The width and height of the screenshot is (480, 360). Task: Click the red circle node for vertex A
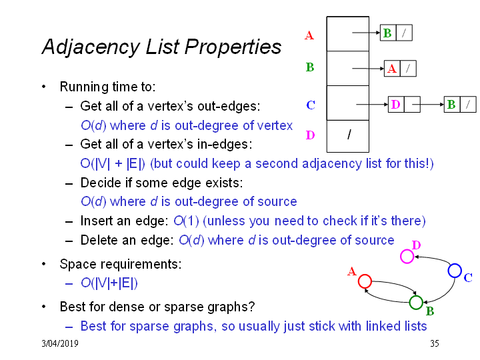pos(365,275)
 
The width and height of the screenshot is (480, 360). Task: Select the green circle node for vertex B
pos(416,296)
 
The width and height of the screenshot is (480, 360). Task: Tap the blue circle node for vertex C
pos(455,264)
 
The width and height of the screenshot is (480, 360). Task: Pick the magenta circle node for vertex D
pos(407,250)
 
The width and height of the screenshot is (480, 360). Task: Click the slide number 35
pos(435,343)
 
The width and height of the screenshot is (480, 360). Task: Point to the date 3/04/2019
pos(60,343)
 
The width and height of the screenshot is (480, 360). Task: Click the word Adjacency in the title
pos(91,47)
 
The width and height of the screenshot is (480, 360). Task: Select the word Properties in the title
pos(233,47)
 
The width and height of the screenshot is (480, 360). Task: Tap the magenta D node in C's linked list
pos(396,105)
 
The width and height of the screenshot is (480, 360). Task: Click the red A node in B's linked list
pos(392,68)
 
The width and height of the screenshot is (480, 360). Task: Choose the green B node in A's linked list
pos(388,33)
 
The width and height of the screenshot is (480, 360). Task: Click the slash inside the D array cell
pos(349,135)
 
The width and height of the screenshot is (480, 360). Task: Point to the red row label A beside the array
pos(309,35)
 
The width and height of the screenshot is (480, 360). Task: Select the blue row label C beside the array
pos(311,105)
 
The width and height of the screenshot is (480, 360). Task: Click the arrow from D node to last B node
pos(428,105)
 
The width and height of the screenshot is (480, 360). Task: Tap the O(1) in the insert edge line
pos(186,221)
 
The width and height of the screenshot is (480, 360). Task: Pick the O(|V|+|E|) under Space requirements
pos(109,283)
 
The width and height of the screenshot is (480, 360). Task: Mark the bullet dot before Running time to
pos(44,87)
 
